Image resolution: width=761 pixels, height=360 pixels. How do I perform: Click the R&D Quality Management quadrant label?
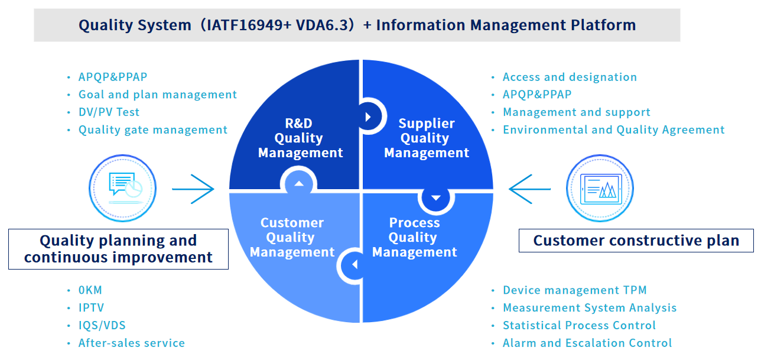[300, 138]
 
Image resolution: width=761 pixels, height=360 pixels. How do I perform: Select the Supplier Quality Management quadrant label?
[426, 138]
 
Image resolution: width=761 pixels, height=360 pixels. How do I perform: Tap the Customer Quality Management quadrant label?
[292, 238]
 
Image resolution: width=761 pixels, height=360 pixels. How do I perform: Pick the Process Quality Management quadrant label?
[414, 238]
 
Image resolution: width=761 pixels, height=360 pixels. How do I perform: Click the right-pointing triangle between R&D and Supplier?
[368, 117]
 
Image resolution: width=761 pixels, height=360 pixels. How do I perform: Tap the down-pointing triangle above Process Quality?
[436, 198]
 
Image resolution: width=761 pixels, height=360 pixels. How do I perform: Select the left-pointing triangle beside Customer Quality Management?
[355, 265]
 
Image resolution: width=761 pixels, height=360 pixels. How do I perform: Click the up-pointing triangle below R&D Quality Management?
[299, 184]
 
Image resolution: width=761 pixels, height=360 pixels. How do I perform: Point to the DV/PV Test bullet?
[109, 112]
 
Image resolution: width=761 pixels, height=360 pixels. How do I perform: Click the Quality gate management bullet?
[152, 130]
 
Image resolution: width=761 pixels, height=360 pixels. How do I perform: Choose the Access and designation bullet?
[569, 77]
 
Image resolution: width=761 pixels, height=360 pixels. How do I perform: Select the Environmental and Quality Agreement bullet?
[613, 130]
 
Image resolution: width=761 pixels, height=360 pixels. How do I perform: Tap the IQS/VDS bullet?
[102, 326]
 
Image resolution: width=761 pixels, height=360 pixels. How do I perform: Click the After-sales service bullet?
[131, 343]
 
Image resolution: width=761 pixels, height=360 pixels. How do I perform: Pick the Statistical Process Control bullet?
[578, 326]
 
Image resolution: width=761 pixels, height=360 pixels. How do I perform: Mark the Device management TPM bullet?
[574, 290]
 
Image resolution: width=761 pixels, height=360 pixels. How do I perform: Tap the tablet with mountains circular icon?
[600, 189]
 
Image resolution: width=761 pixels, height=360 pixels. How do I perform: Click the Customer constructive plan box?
[636, 241]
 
